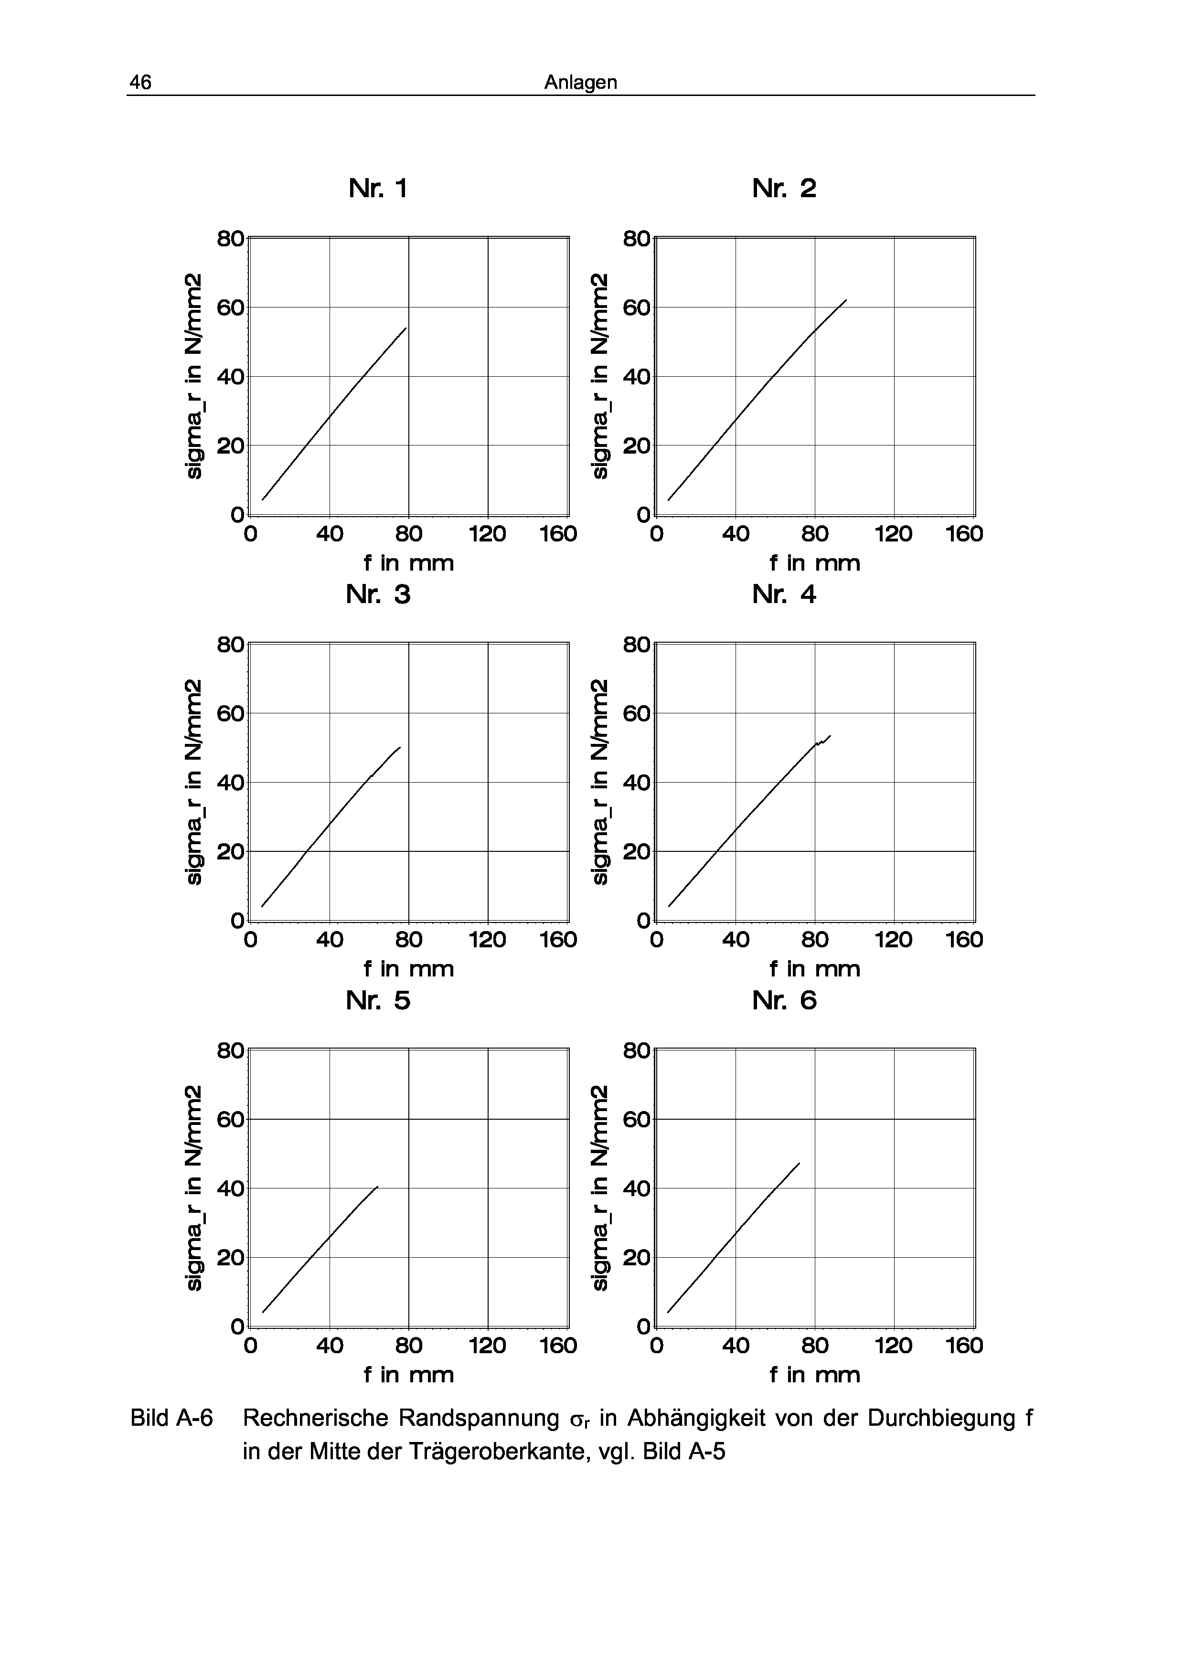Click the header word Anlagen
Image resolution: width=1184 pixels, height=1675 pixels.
(x=581, y=83)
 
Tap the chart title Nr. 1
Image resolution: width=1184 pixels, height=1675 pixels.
(x=378, y=189)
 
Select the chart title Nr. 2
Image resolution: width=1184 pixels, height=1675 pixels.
(x=784, y=189)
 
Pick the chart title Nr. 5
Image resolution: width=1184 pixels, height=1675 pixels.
(x=378, y=1000)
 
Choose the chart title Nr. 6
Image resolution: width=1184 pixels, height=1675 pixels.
(x=784, y=1000)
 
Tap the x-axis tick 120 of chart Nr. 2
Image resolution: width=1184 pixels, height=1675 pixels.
(x=894, y=534)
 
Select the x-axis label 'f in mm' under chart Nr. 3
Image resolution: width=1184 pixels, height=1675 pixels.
(x=408, y=969)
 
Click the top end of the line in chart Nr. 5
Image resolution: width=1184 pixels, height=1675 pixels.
(x=377, y=1187)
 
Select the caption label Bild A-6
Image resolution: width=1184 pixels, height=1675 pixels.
(x=171, y=1419)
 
